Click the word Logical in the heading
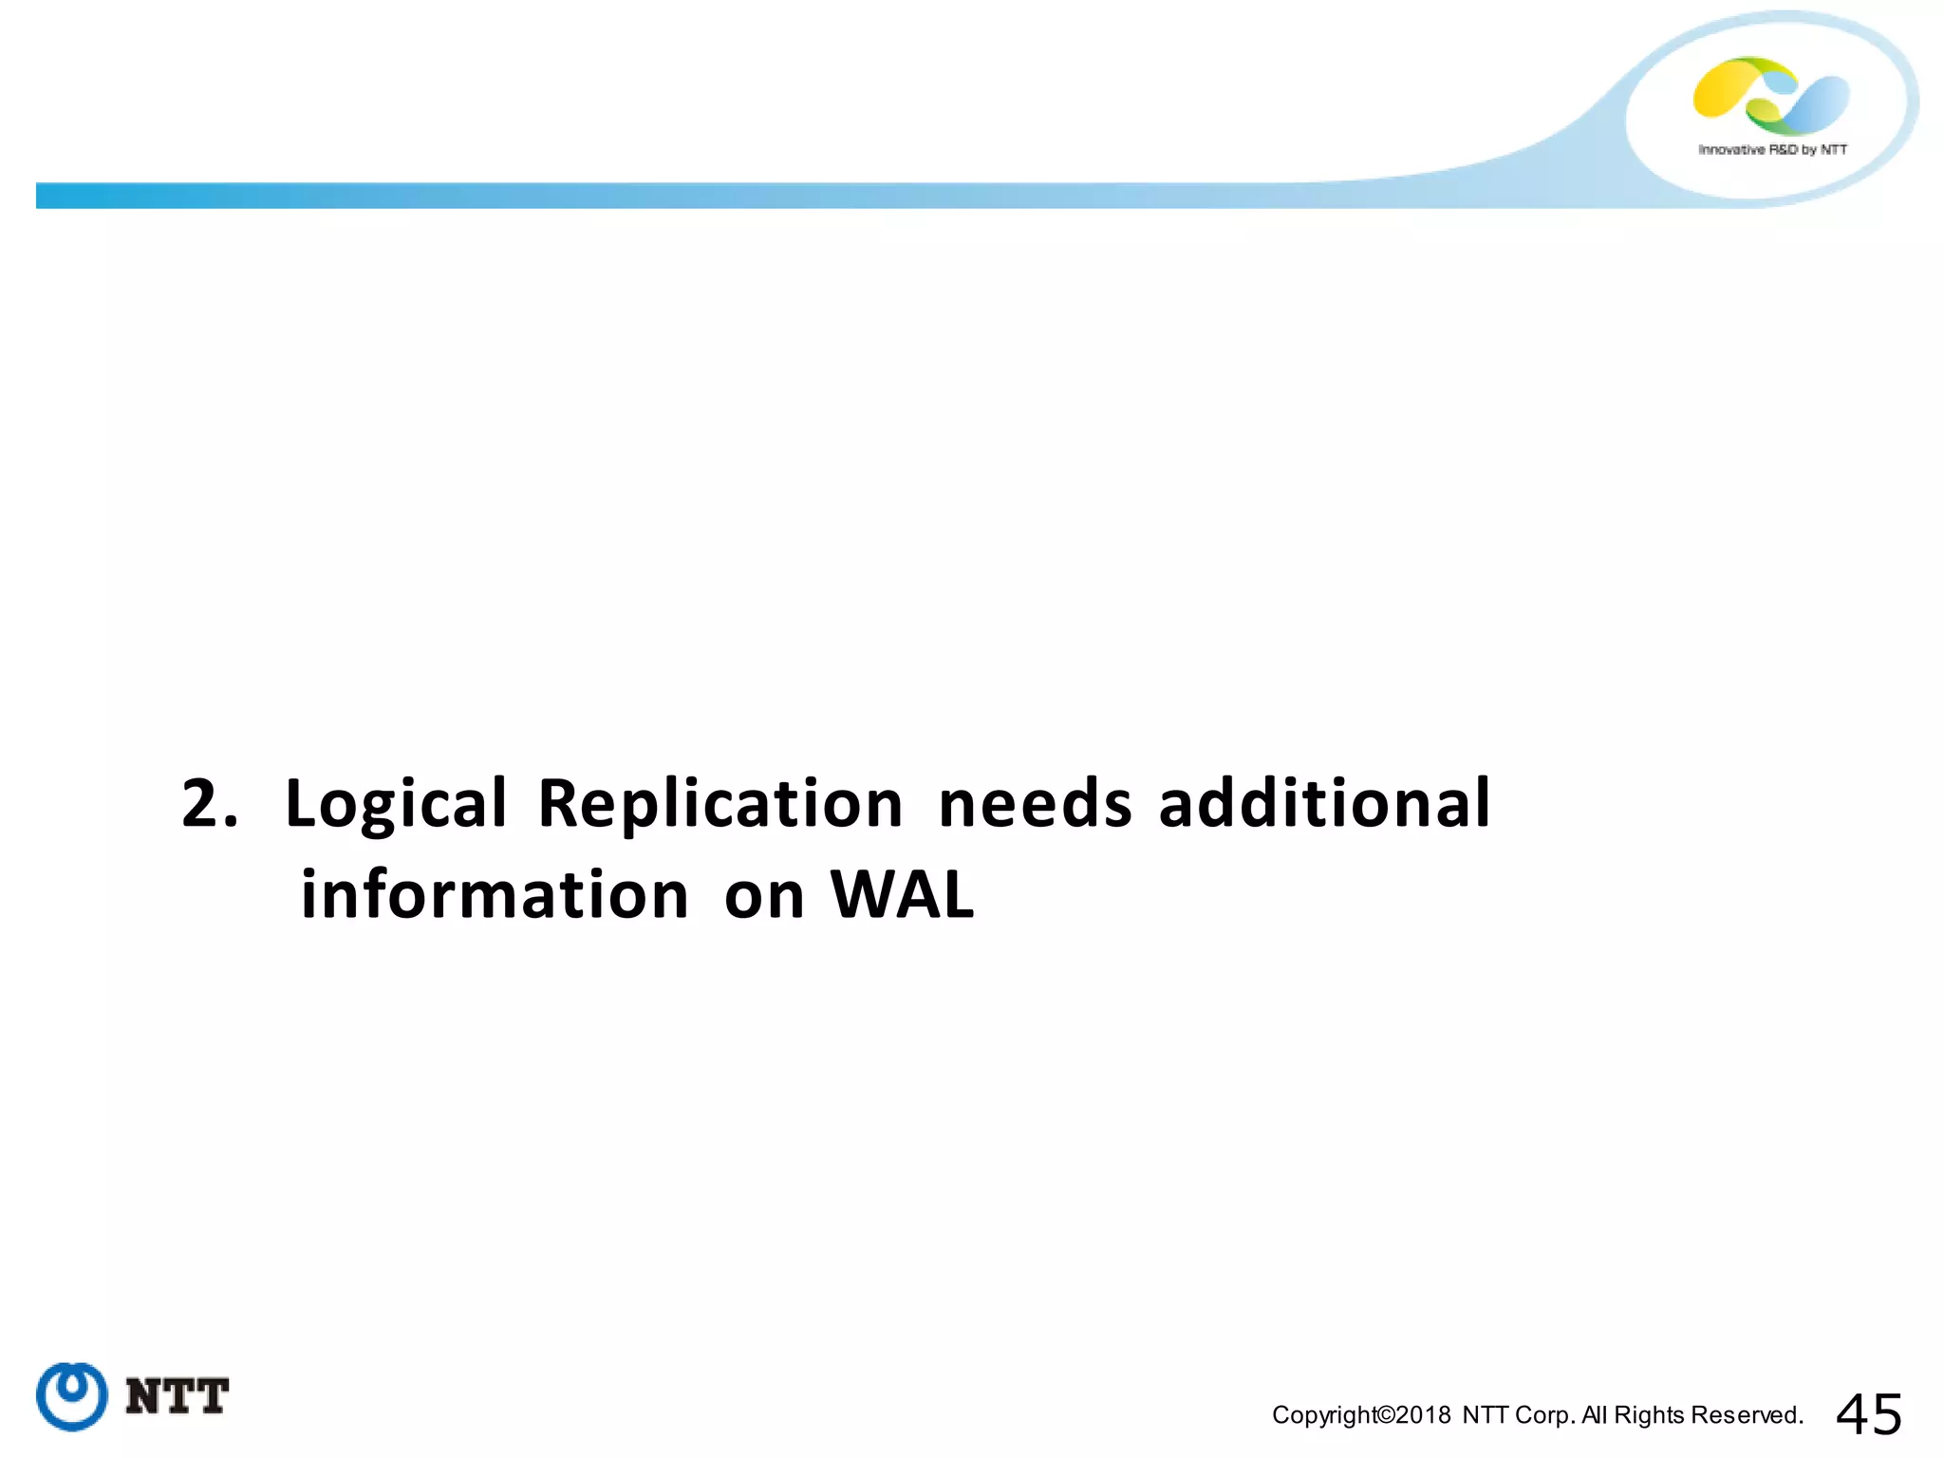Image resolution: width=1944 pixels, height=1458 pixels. click(396, 804)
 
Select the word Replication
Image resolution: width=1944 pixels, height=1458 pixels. click(720, 804)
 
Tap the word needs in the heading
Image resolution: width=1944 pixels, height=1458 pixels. click(1035, 804)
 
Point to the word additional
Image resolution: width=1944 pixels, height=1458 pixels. click(1324, 804)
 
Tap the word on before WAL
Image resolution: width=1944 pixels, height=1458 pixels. click(764, 897)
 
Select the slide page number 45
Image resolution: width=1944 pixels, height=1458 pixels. click(1869, 1414)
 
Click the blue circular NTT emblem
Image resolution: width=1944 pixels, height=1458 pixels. click(71, 1395)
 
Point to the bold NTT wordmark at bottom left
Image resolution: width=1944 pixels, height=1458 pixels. click(178, 1396)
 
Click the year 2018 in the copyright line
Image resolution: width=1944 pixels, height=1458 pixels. click(1423, 1415)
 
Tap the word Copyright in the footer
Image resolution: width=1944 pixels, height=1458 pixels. click(1323, 1415)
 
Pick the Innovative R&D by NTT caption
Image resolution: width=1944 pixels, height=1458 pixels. click(1772, 150)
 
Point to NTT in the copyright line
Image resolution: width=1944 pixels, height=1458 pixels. click(1486, 1415)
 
